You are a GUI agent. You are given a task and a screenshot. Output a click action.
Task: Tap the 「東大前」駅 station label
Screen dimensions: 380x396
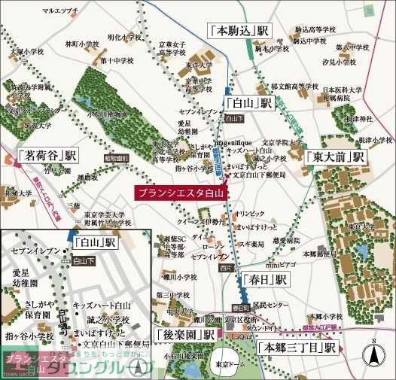(x=335, y=157)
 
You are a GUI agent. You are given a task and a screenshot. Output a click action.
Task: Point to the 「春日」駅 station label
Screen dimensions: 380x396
(x=265, y=279)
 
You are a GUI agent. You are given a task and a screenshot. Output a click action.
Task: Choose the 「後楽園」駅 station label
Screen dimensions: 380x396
(x=184, y=333)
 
